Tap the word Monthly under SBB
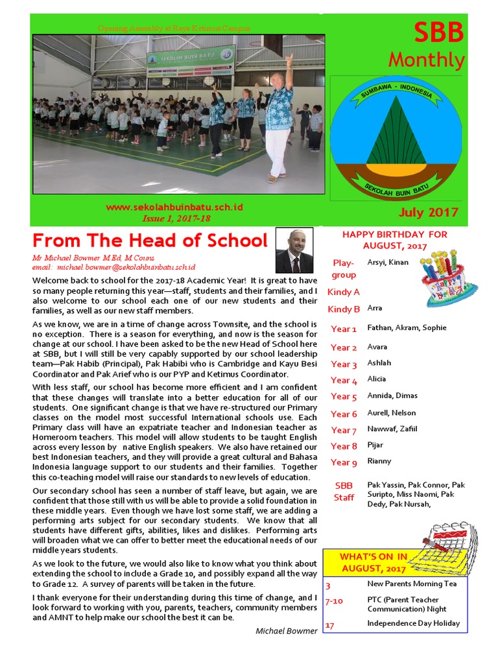(x=426, y=60)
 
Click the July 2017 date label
(x=428, y=212)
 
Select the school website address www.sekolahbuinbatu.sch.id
(x=174, y=207)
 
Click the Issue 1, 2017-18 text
(x=176, y=219)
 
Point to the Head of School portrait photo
(x=294, y=250)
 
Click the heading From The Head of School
(x=150, y=241)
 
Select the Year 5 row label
(x=344, y=396)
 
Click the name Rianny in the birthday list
(x=379, y=461)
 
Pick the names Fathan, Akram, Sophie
(x=407, y=327)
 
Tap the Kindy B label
(x=344, y=309)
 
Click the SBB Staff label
(x=344, y=492)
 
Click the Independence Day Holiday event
(x=413, y=623)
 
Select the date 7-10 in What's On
(x=334, y=601)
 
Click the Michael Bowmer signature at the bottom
(x=287, y=631)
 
